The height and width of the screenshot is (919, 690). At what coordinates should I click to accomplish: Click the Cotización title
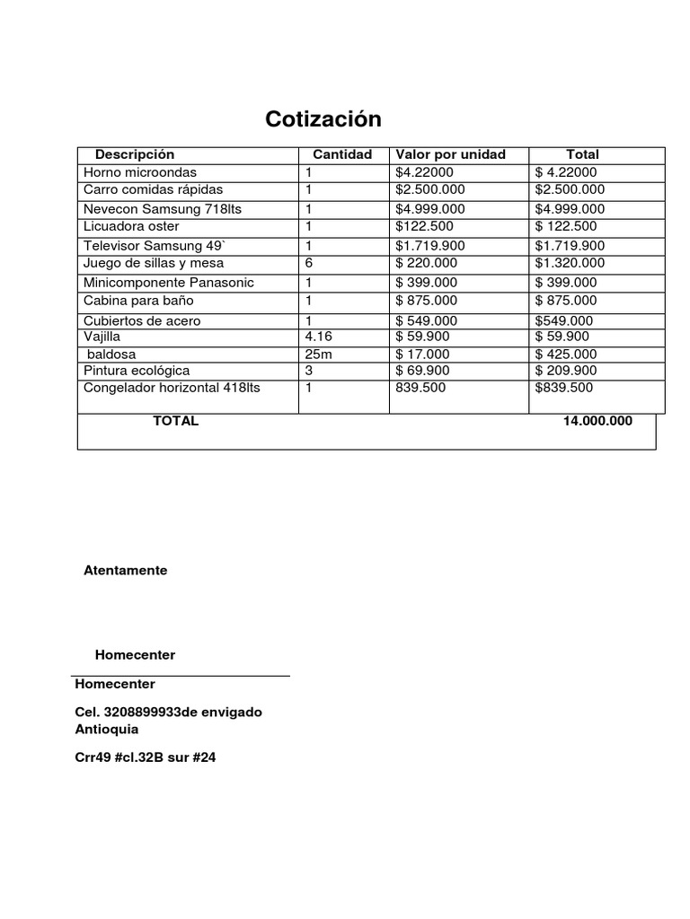(x=323, y=119)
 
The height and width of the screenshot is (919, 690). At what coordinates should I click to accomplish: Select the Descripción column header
(x=135, y=154)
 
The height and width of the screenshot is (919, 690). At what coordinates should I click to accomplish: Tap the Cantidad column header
(x=341, y=154)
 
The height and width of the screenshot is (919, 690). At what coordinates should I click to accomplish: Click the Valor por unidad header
(x=450, y=154)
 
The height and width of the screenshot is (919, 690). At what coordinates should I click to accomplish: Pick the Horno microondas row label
(x=139, y=172)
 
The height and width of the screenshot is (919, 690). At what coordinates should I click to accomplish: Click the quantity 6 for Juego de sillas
(x=309, y=263)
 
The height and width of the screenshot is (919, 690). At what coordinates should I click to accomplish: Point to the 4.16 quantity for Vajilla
(x=318, y=336)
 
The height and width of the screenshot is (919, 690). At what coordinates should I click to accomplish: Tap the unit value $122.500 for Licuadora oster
(x=425, y=226)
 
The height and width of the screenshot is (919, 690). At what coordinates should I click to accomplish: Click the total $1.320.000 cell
(x=570, y=263)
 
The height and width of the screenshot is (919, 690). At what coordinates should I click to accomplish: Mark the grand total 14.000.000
(x=597, y=420)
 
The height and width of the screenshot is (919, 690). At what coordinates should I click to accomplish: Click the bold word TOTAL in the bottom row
(x=176, y=420)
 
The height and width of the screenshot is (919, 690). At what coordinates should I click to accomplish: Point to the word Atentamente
(x=125, y=570)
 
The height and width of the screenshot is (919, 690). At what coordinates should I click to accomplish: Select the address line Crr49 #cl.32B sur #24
(x=146, y=757)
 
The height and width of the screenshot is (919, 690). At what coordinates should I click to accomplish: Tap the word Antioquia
(x=107, y=729)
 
